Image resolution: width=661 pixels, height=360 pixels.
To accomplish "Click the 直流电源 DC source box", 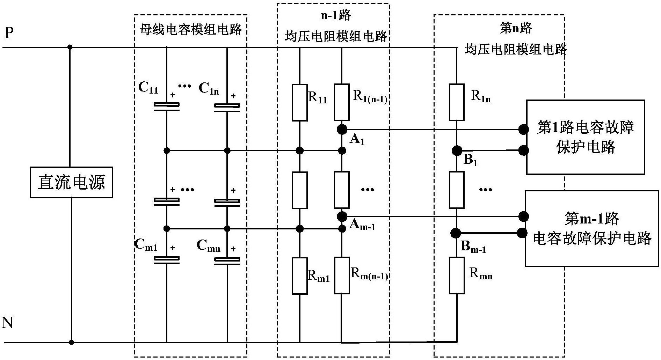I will (x=71, y=182).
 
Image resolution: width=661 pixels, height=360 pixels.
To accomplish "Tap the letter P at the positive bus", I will (x=9, y=34).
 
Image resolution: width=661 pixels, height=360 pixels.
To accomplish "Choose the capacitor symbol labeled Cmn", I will (x=227, y=260).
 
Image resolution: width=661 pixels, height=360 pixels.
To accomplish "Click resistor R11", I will (x=300, y=103).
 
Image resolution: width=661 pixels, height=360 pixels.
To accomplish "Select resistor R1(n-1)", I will (x=342, y=102).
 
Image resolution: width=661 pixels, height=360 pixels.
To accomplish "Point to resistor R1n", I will (x=457, y=102).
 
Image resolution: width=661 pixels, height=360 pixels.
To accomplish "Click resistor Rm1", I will (x=300, y=276).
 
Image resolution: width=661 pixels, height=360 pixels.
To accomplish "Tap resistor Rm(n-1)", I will (x=342, y=275).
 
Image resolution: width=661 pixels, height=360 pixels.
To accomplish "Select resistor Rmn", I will (x=457, y=275).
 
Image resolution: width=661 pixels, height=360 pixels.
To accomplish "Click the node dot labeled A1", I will (x=342, y=130).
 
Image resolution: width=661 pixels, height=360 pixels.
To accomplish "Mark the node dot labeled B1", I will (x=457, y=150).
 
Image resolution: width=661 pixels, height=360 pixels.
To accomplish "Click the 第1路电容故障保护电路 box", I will (x=585, y=137).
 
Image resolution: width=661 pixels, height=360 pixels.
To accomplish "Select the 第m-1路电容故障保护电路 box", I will (x=591, y=228).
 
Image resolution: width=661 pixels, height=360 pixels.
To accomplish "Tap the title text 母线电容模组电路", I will (x=191, y=29).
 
